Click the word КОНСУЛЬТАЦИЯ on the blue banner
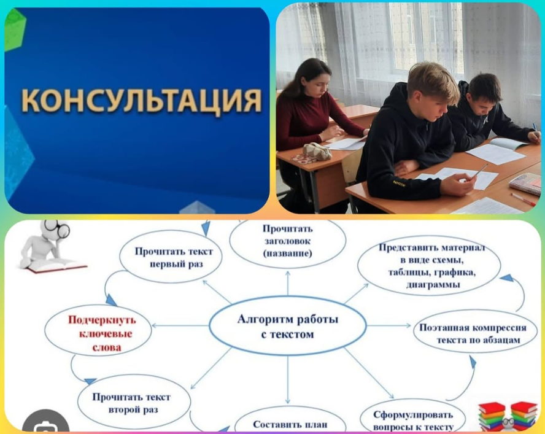tap(142, 101)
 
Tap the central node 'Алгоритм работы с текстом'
tap(288, 326)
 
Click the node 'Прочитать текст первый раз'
tap(171, 257)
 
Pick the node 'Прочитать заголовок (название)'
tap(288, 242)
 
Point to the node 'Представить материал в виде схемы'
tap(429, 266)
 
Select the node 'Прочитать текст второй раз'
tap(134, 402)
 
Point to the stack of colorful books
tap(508, 416)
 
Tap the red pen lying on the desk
tap(523, 200)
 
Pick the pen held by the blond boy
tap(480, 171)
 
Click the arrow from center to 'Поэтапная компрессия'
tap(389, 326)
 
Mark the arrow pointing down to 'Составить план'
tap(288, 380)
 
